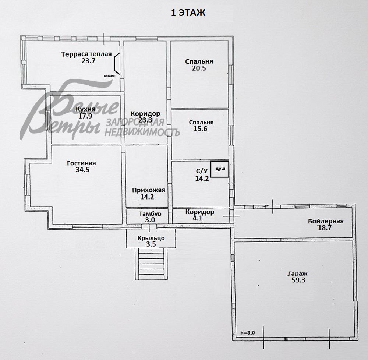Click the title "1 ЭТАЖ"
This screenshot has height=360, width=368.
(x=188, y=13)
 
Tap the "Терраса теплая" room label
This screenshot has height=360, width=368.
(x=86, y=54)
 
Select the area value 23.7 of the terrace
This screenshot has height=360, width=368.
(x=88, y=61)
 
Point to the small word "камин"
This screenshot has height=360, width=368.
(x=109, y=75)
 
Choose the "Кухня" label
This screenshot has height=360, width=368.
(x=85, y=109)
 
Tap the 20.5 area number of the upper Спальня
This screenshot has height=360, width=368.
(x=199, y=68)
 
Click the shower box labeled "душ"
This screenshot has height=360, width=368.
(x=220, y=169)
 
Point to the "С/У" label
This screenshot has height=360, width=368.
(x=202, y=171)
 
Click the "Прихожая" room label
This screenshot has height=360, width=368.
(x=149, y=190)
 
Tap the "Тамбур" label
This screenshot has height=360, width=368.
(x=150, y=214)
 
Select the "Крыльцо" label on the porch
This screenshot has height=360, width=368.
(x=151, y=238)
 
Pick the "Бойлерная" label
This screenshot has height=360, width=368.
(x=326, y=221)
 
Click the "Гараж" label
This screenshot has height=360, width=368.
(x=297, y=274)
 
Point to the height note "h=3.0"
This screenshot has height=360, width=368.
(x=247, y=332)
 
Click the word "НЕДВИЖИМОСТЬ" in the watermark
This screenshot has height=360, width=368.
(x=142, y=132)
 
